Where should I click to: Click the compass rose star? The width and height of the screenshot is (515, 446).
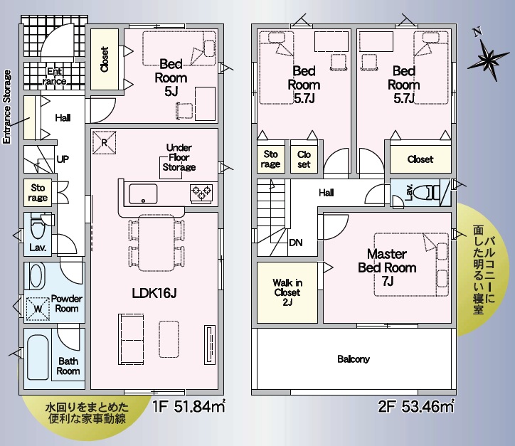coord(489,60)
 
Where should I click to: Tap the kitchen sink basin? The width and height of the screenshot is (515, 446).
coord(143,194)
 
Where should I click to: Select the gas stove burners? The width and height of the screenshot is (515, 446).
coord(201,193)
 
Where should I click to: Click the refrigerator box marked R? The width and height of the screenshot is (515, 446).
coord(104,142)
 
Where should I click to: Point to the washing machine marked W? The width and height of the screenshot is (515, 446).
coord(38,309)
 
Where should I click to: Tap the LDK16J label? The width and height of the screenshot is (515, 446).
coord(154,293)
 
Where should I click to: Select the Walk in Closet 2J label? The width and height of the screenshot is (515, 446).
coord(287,292)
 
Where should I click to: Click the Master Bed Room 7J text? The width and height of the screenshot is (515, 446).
coord(387,267)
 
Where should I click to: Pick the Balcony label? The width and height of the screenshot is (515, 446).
coord(354,359)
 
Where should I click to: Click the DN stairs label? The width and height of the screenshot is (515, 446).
coord(296,243)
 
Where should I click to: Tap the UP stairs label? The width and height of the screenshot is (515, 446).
coord(63,159)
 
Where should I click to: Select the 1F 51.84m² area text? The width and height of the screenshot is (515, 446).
coord(189,407)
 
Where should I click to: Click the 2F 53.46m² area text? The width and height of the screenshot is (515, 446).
coord(416,407)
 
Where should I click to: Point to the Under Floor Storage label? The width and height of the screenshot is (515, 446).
coord(179,157)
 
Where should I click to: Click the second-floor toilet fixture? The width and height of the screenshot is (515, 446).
coord(427,193)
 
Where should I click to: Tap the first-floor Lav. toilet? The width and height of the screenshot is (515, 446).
coord(38,226)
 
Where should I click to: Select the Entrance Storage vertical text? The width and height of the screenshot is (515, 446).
coord(6,107)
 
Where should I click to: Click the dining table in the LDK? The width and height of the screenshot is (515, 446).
coord(156,243)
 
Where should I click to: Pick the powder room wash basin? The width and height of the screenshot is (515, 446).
coord(36,276)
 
